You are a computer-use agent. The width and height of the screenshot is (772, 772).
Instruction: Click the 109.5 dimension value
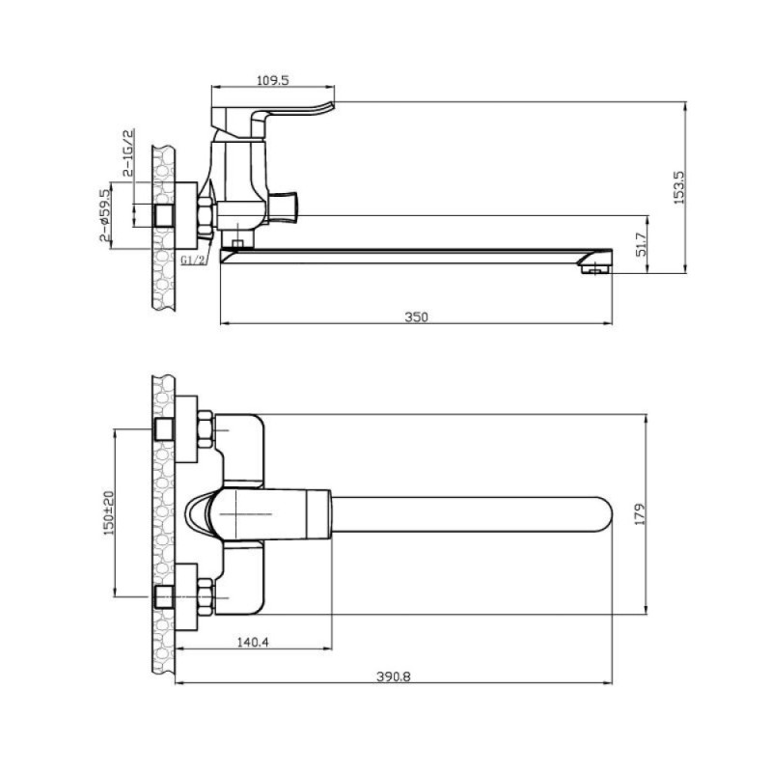click(x=273, y=80)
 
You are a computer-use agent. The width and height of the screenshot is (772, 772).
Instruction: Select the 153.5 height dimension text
click(x=679, y=187)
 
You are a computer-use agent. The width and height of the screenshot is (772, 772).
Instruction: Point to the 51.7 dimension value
click(x=641, y=245)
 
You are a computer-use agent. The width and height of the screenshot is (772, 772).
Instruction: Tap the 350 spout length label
click(x=417, y=317)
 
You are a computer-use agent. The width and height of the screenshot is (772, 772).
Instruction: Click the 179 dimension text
click(x=640, y=514)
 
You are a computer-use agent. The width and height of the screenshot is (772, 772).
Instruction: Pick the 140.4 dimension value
click(x=253, y=642)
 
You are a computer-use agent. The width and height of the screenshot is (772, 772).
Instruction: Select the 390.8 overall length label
click(x=394, y=676)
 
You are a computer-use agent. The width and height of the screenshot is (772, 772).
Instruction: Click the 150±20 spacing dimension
click(x=109, y=512)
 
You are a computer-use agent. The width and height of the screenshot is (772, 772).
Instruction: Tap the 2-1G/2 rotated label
click(x=128, y=152)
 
